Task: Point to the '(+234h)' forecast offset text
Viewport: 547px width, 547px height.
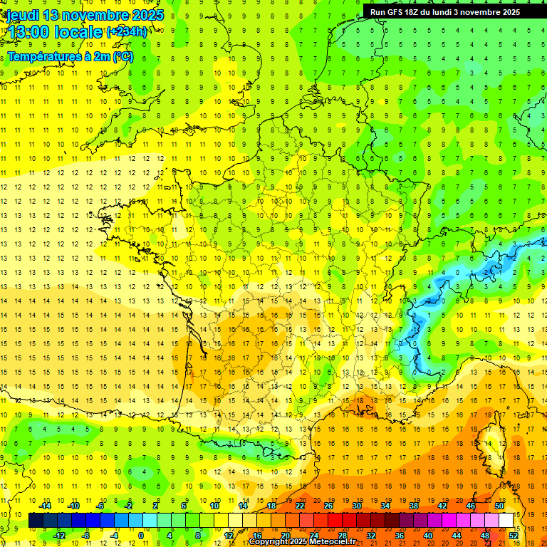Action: [x=127, y=32]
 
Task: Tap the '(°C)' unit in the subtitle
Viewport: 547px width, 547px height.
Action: [x=122, y=56]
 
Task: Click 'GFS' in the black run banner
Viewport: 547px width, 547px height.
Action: [x=399, y=12]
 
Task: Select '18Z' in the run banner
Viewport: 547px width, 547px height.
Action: [x=418, y=12]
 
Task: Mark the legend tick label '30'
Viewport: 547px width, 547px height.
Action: [x=356, y=506]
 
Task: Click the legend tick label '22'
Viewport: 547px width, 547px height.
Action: [x=300, y=506]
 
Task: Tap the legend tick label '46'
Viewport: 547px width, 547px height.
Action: [x=470, y=506]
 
